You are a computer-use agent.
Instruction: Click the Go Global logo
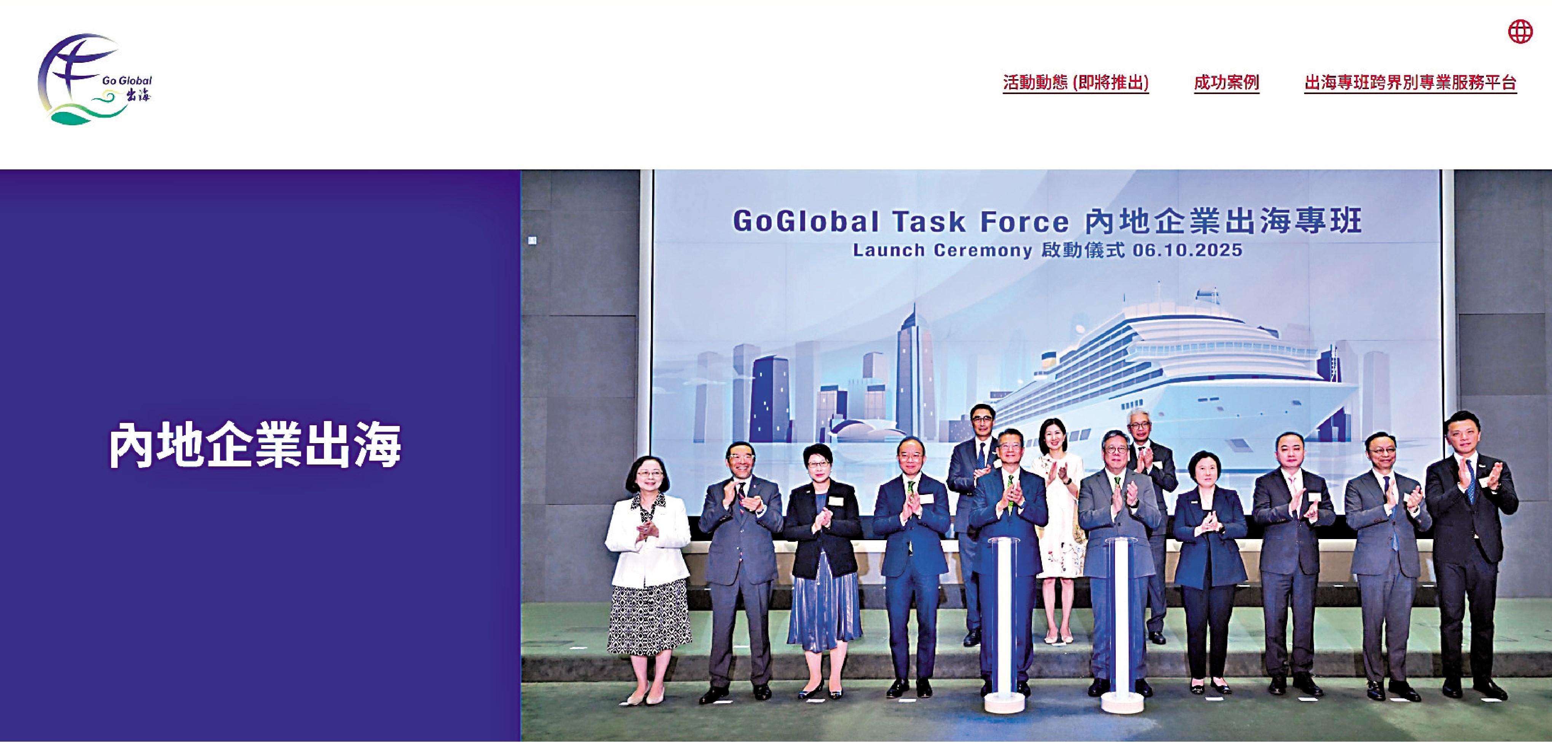click(x=94, y=79)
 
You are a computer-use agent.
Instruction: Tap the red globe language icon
click(x=1520, y=31)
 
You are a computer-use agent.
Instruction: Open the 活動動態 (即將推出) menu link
click(x=1075, y=83)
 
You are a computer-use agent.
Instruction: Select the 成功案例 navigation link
click(x=1226, y=83)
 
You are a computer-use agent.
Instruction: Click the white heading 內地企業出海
click(x=254, y=446)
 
